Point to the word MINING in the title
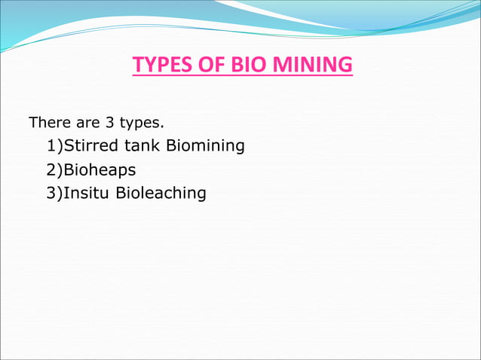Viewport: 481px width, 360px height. pyautogui.click(x=311, y=66)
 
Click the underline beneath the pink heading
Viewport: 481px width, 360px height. pyautogui.click(x=242, y=77)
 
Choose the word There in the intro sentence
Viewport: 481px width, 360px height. pyautogui.click(x=47, y=122)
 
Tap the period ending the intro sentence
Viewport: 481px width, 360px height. pyautogui.click(x=162, y=125)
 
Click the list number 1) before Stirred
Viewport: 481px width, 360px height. pyautogui.click(x=54, y=145)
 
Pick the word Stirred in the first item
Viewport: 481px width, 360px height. pyautogui.click(x=88, y=145)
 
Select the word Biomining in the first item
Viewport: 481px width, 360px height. pyautogui.click(x=205, y=145)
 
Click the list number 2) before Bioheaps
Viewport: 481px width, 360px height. pyautogui.click(x=54, y=169)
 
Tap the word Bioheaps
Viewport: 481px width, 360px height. pyautogui.click(x=100, y=170)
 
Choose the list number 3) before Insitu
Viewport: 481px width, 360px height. pyautogui.click(x=54, y=194)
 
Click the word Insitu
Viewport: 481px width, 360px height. pyautogui.click(x=87, y=193)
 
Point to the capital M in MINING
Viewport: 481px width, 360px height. pyautogui.click(x=280, y=66)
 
